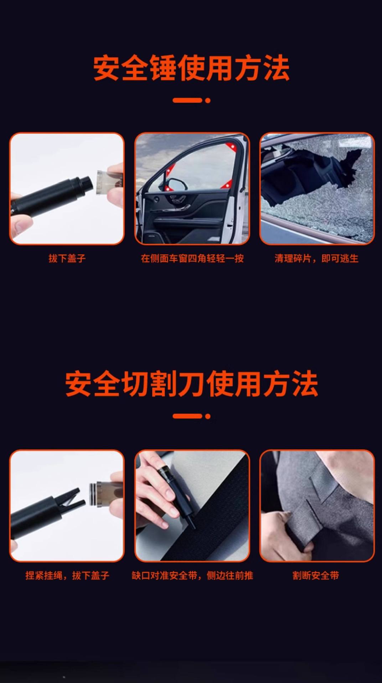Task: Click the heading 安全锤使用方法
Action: coord(191,68)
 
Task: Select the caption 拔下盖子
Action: coord(67,258)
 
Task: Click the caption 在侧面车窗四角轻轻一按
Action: coord(192,258)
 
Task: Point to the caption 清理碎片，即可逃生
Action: coord(316,258)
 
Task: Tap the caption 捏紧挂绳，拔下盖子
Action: coord(67,575)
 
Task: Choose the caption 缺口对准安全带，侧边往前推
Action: coord(192,575)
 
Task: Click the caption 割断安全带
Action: coord(316,575)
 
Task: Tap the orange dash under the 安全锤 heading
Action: coord(187,100)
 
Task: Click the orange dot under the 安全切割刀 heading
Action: coord(208,416)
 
